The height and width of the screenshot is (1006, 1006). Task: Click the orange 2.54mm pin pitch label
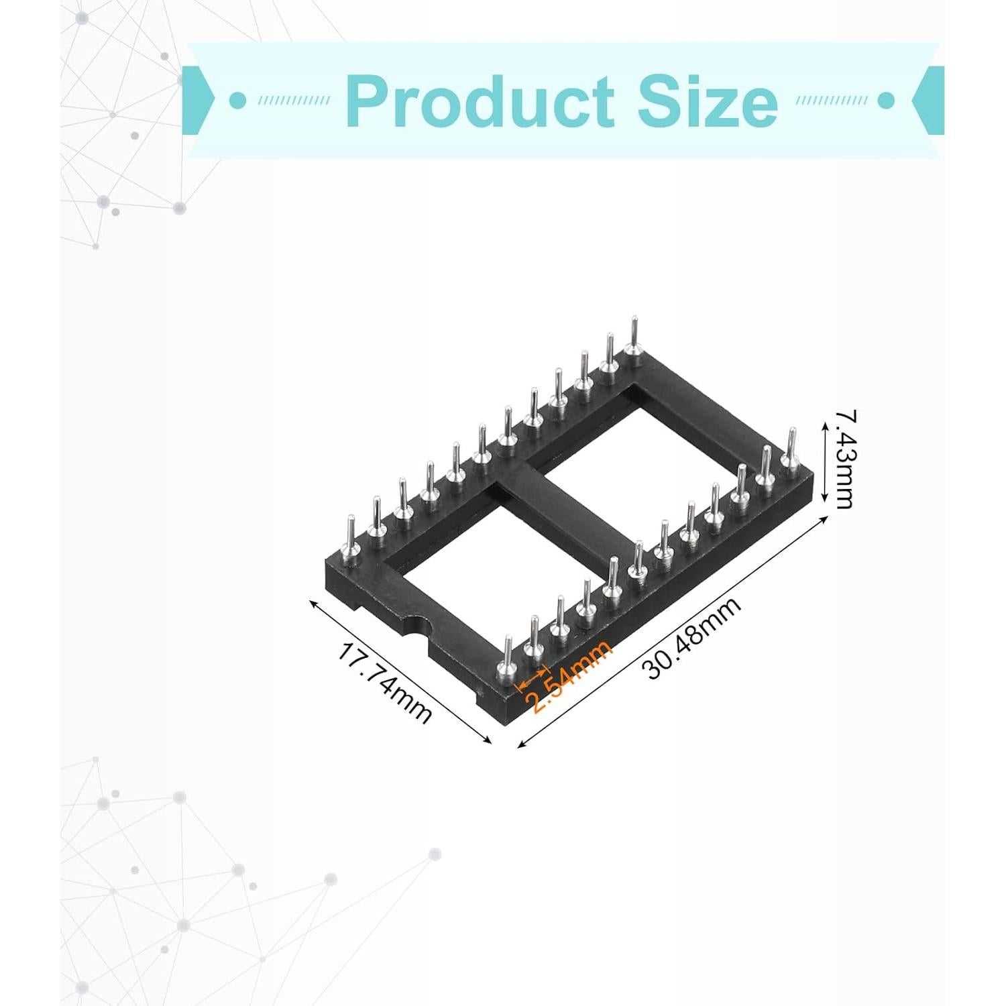pyautogui.click(x=571, y=677)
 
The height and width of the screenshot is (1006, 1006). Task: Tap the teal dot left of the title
pyautogui.click(x=235, y=101)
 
